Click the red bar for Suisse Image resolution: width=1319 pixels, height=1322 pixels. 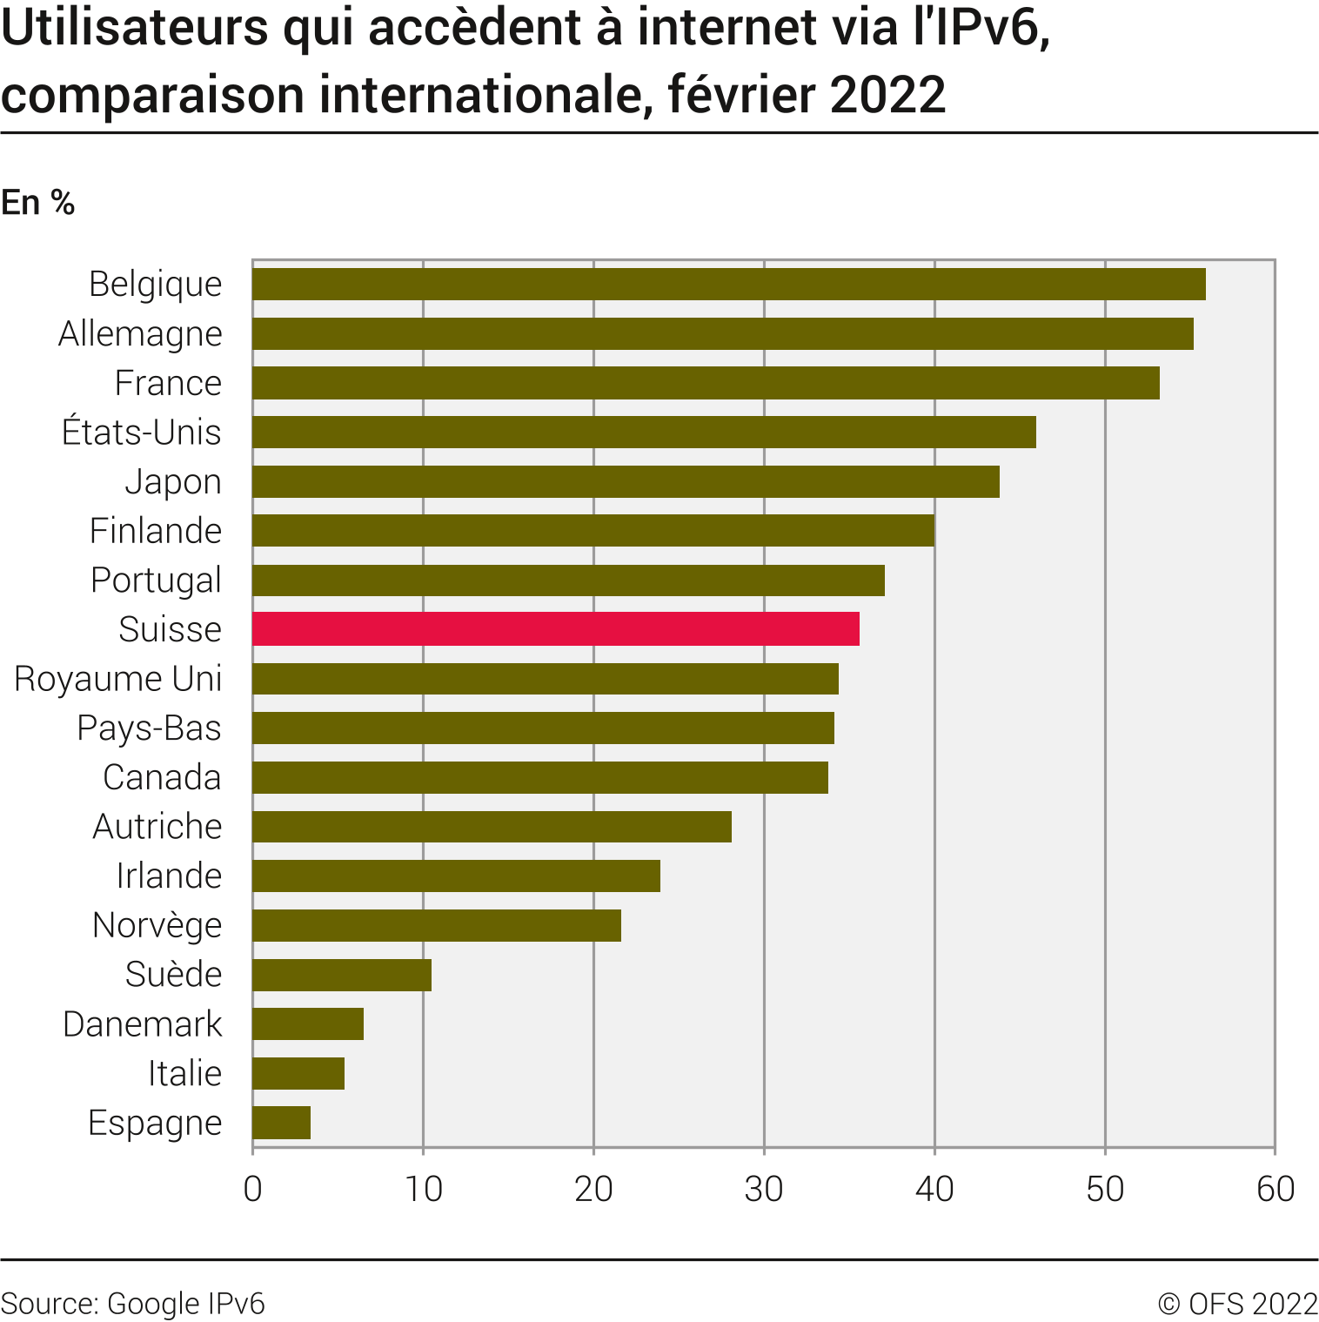click(x=555, y=628)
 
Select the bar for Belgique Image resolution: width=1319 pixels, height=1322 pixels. click(x=728, y=284)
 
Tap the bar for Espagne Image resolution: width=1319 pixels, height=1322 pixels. click(x=281, y=1123)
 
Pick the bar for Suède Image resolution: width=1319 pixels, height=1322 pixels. click(x=341, y=975)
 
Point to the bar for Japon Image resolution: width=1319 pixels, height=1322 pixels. click(x=626, y=481)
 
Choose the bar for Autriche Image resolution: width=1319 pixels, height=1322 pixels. click(x=492, y=827)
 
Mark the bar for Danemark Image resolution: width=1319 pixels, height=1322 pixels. click(x=307, y=1023)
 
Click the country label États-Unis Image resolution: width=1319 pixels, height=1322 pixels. click(x=142, y=433)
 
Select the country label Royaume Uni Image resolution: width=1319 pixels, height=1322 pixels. click(x=118, y=679)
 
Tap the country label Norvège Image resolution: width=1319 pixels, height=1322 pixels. click(x=157, y=925)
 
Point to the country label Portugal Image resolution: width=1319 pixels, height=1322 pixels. click(x=157, y=580)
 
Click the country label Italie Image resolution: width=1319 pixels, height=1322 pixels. click(x=184, y=1073)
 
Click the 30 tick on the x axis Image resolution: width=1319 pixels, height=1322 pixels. click(x=764, y=1189)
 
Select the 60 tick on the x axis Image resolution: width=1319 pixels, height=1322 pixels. click(x=1275, y=1189)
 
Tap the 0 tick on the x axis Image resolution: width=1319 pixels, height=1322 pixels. click(x=253, y=1189)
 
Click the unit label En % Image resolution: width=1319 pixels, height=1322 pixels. click(x=38, y=203)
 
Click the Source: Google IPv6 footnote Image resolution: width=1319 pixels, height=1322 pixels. click(x=133, y=1303)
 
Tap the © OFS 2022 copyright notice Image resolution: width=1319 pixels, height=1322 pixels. click(x=1237, y=1303)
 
